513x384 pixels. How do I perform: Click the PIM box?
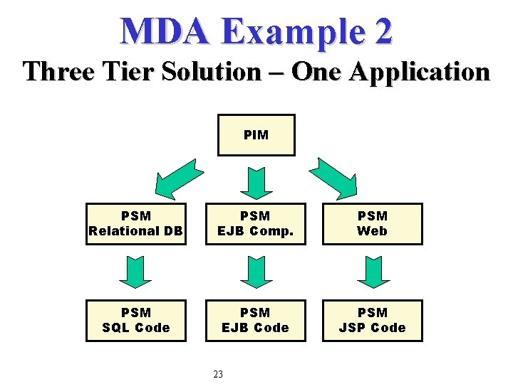tap(256, 135)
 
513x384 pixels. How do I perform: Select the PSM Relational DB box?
tap(135, 223)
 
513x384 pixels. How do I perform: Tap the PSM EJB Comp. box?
tap(255, 223)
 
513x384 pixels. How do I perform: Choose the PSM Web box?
tap(372, 223)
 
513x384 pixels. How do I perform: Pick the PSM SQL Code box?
tap(135, 320)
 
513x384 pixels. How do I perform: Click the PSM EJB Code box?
tap(255, 320)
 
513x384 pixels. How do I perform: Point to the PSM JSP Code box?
tap(372, 320)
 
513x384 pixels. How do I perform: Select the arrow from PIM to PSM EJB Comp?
tap(256, 181)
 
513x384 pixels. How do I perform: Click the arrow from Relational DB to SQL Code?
tap(135, 272)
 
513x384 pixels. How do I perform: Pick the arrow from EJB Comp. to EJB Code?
tap(256, 272)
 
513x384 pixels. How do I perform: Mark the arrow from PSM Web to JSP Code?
tap(373, 272)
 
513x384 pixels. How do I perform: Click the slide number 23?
tap(218, 374)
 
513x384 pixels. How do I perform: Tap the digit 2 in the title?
tap(381, 31)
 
